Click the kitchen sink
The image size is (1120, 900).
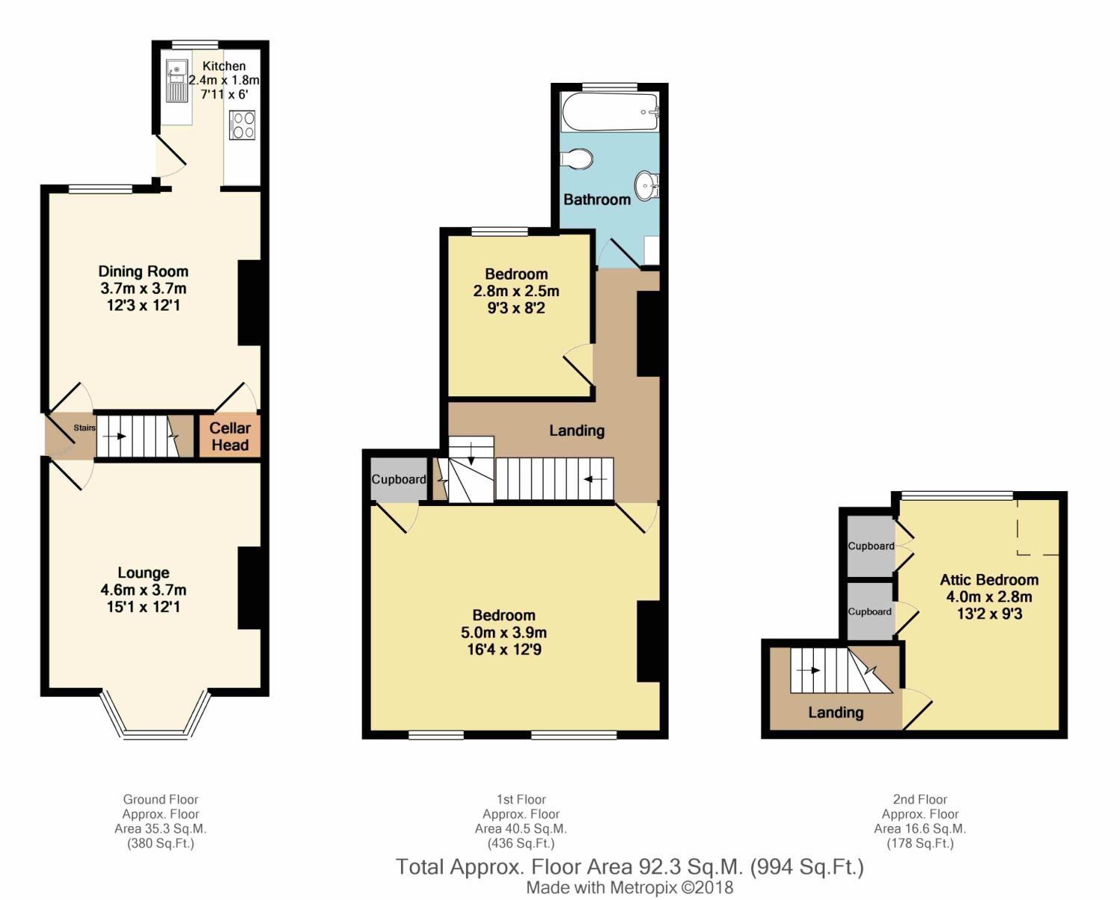[177, 81]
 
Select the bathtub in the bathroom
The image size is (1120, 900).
[609, 112]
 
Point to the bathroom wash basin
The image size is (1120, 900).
[647, 183]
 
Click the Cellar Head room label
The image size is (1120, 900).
[230, 437]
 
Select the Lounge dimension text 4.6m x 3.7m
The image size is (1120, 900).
[143, 590]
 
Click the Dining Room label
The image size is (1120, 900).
[143, 272]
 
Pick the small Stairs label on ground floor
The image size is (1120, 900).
[84, 428]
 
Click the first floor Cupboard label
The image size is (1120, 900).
[399, 479]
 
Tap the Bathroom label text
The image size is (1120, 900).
[597, 199]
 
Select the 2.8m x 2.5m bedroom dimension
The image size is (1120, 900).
[516, 291]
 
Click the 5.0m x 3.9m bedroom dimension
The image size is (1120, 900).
[504, 632]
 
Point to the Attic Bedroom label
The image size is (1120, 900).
[989, 580]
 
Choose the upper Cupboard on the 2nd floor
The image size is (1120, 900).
[871, 546]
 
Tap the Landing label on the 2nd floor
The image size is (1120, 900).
[836, 713]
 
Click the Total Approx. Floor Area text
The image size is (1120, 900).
[629, 867]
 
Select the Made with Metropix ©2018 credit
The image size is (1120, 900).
[629, 888]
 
